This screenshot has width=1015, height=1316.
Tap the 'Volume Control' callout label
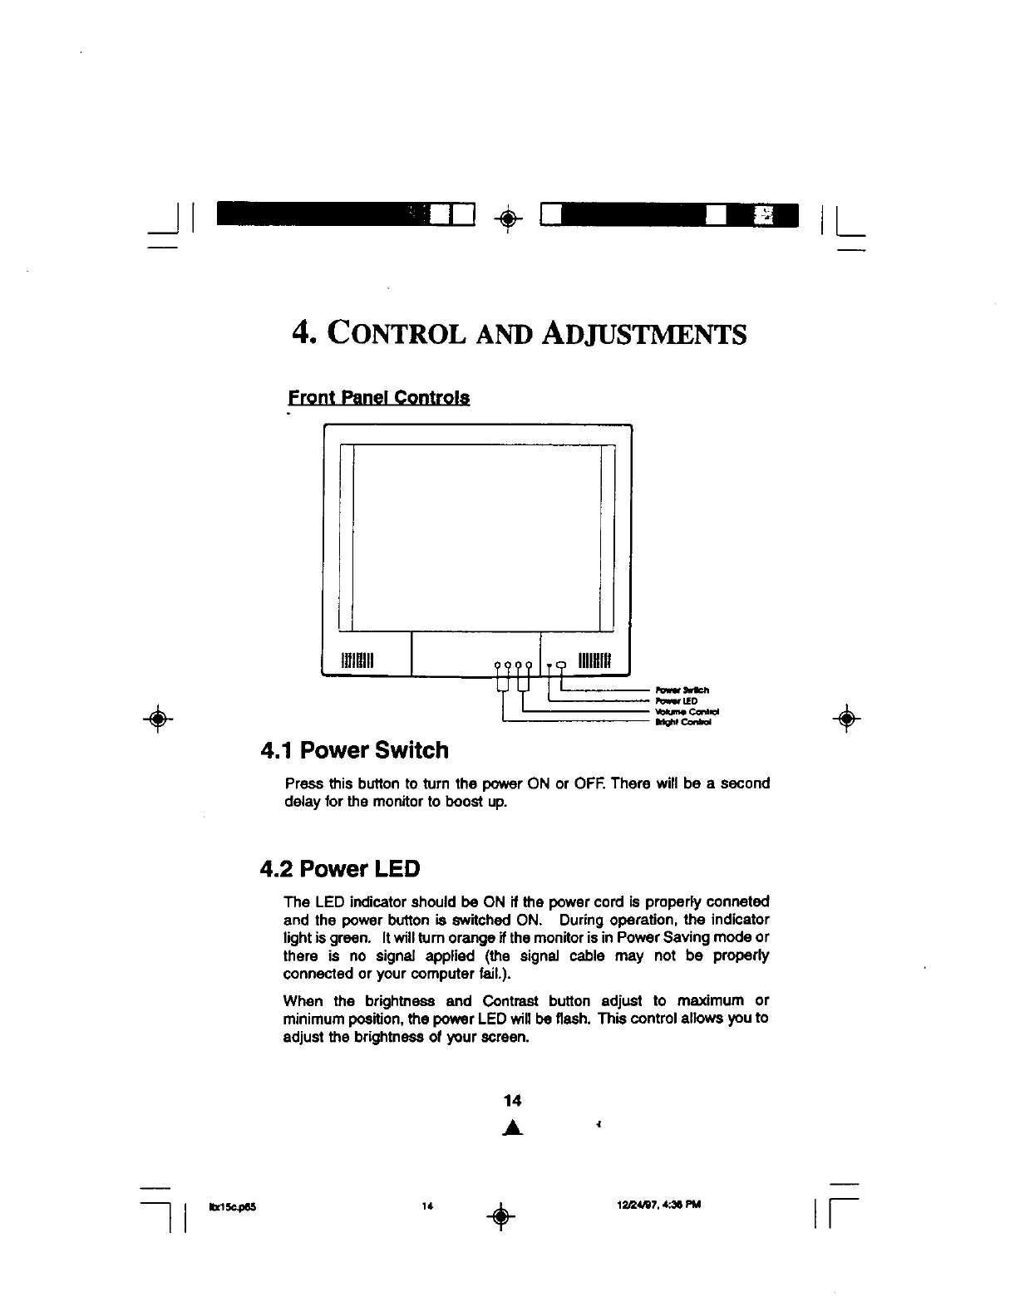686,712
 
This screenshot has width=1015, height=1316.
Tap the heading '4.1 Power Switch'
354,750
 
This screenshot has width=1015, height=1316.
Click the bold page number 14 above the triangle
512,1101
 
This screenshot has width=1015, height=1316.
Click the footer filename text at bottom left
227,1205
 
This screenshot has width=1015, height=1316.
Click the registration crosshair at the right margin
845,719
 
